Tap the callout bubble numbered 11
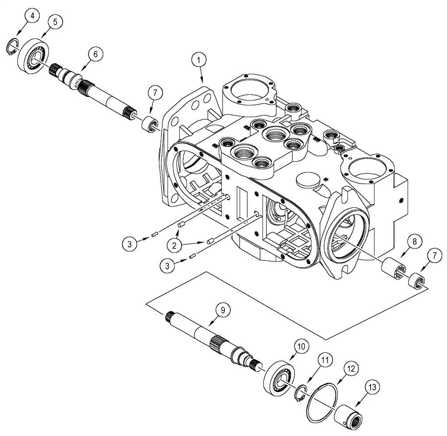[x=325, y=360]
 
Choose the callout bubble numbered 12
[x=350, y=369]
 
